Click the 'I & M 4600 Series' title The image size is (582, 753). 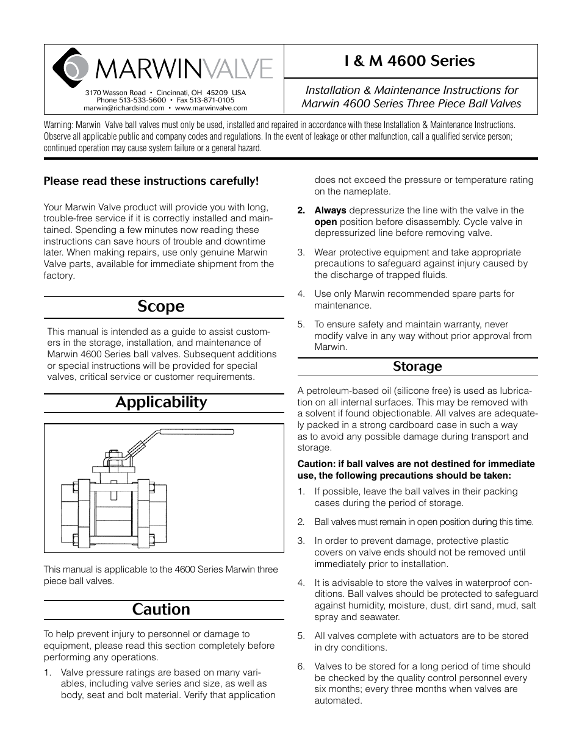click(409, 61)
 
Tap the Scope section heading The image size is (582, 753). click(161, 306)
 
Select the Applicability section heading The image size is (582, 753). click(161, 402)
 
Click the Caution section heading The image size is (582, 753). click(161, 610)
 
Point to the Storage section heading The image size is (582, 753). click(417, 366)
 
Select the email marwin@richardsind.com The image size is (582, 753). click(124, 108)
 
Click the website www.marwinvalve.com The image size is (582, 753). click(211, 108)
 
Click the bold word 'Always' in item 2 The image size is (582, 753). click(330, 210)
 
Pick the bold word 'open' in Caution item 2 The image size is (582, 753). click(325, 222)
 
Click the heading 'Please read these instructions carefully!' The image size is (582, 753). click(151, 181)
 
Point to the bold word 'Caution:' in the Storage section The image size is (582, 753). click(317, 464)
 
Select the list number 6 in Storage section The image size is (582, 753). click(301, 666)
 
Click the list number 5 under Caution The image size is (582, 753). click(301, 324)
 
